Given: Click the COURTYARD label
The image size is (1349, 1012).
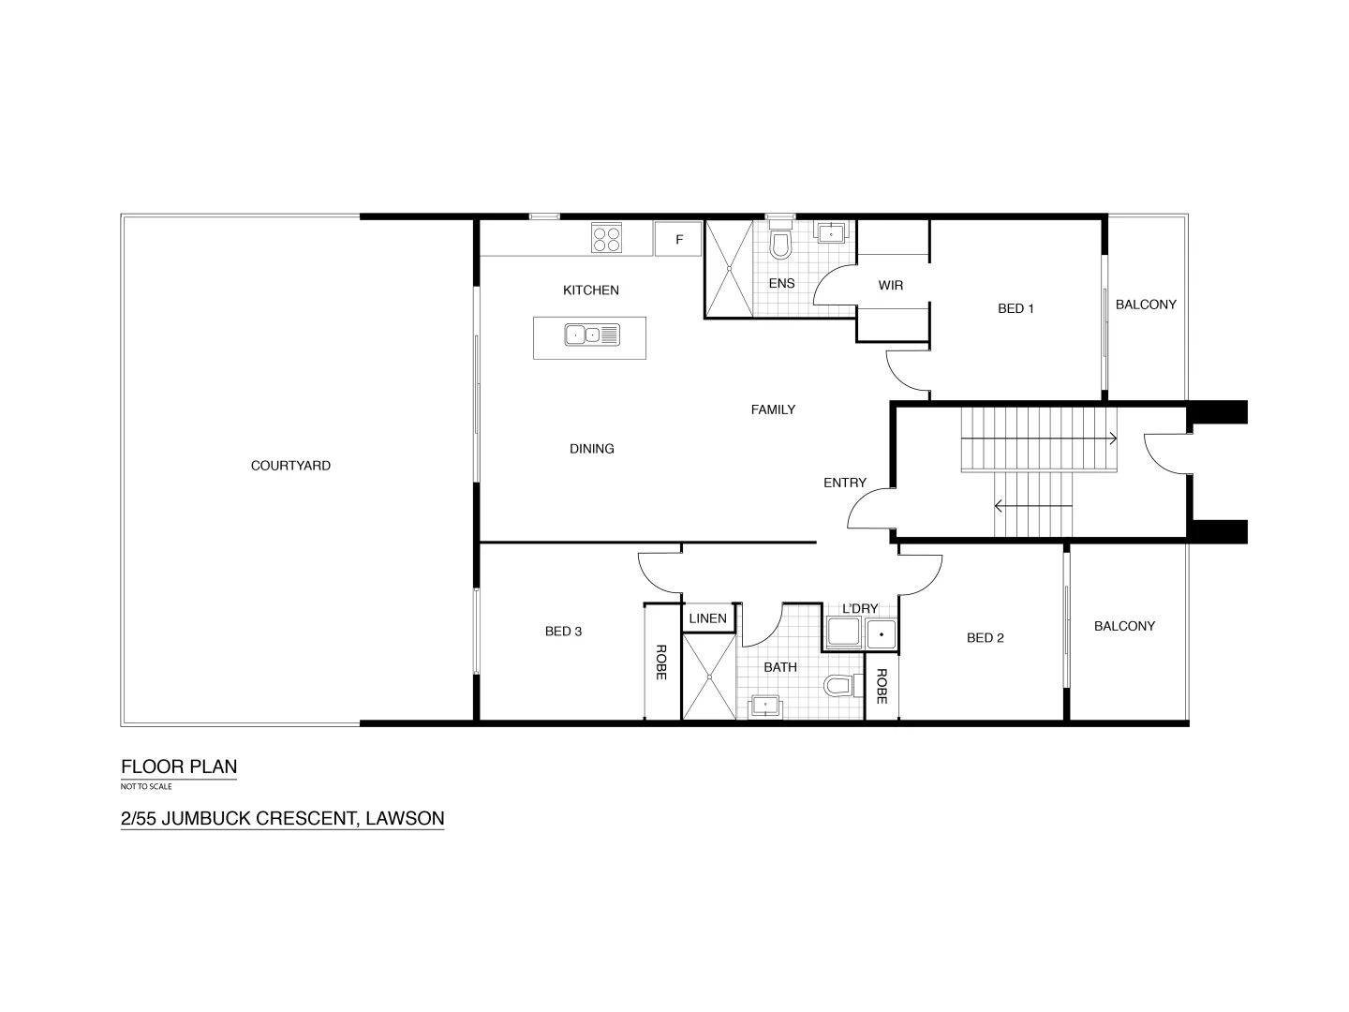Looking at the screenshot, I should click(x=290, y=466).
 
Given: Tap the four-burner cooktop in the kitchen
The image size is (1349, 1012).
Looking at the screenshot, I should click(x=606, y=238).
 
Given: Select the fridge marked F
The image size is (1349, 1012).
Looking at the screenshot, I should click(x=680, y=240).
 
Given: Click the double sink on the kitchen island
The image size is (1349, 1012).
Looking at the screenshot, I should click(x=591, y=335).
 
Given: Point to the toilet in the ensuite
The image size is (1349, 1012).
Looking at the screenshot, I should click(x=779, y=246).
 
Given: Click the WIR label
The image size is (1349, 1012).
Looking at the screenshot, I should click(x=890, y=285).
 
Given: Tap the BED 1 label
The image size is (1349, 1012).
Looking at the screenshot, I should click(x=1015, y=308).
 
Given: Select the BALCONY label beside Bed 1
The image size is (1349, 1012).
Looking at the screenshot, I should click(x=1145, y=305).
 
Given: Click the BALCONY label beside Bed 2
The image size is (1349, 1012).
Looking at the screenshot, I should click(x=1124, y=626).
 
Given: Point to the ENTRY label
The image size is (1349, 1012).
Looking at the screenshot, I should click(x=844, y=483).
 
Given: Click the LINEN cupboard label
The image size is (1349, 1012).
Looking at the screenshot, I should click(x=707, y=618).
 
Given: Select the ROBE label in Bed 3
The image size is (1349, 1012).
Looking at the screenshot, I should click(x=661, y=662).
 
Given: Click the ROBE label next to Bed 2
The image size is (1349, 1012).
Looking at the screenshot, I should click(x=882, y=686).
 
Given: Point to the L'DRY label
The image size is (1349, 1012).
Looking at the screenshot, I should click(x=859, y=609).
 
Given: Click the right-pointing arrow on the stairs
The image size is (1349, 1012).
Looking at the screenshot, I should click(x=1112, y=438).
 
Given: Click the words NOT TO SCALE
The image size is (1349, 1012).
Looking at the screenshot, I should click(x=146, y=786).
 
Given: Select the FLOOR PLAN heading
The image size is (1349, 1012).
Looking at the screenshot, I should click(x=178, y=766).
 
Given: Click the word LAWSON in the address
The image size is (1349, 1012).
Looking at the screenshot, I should click(x=405, y=818).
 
